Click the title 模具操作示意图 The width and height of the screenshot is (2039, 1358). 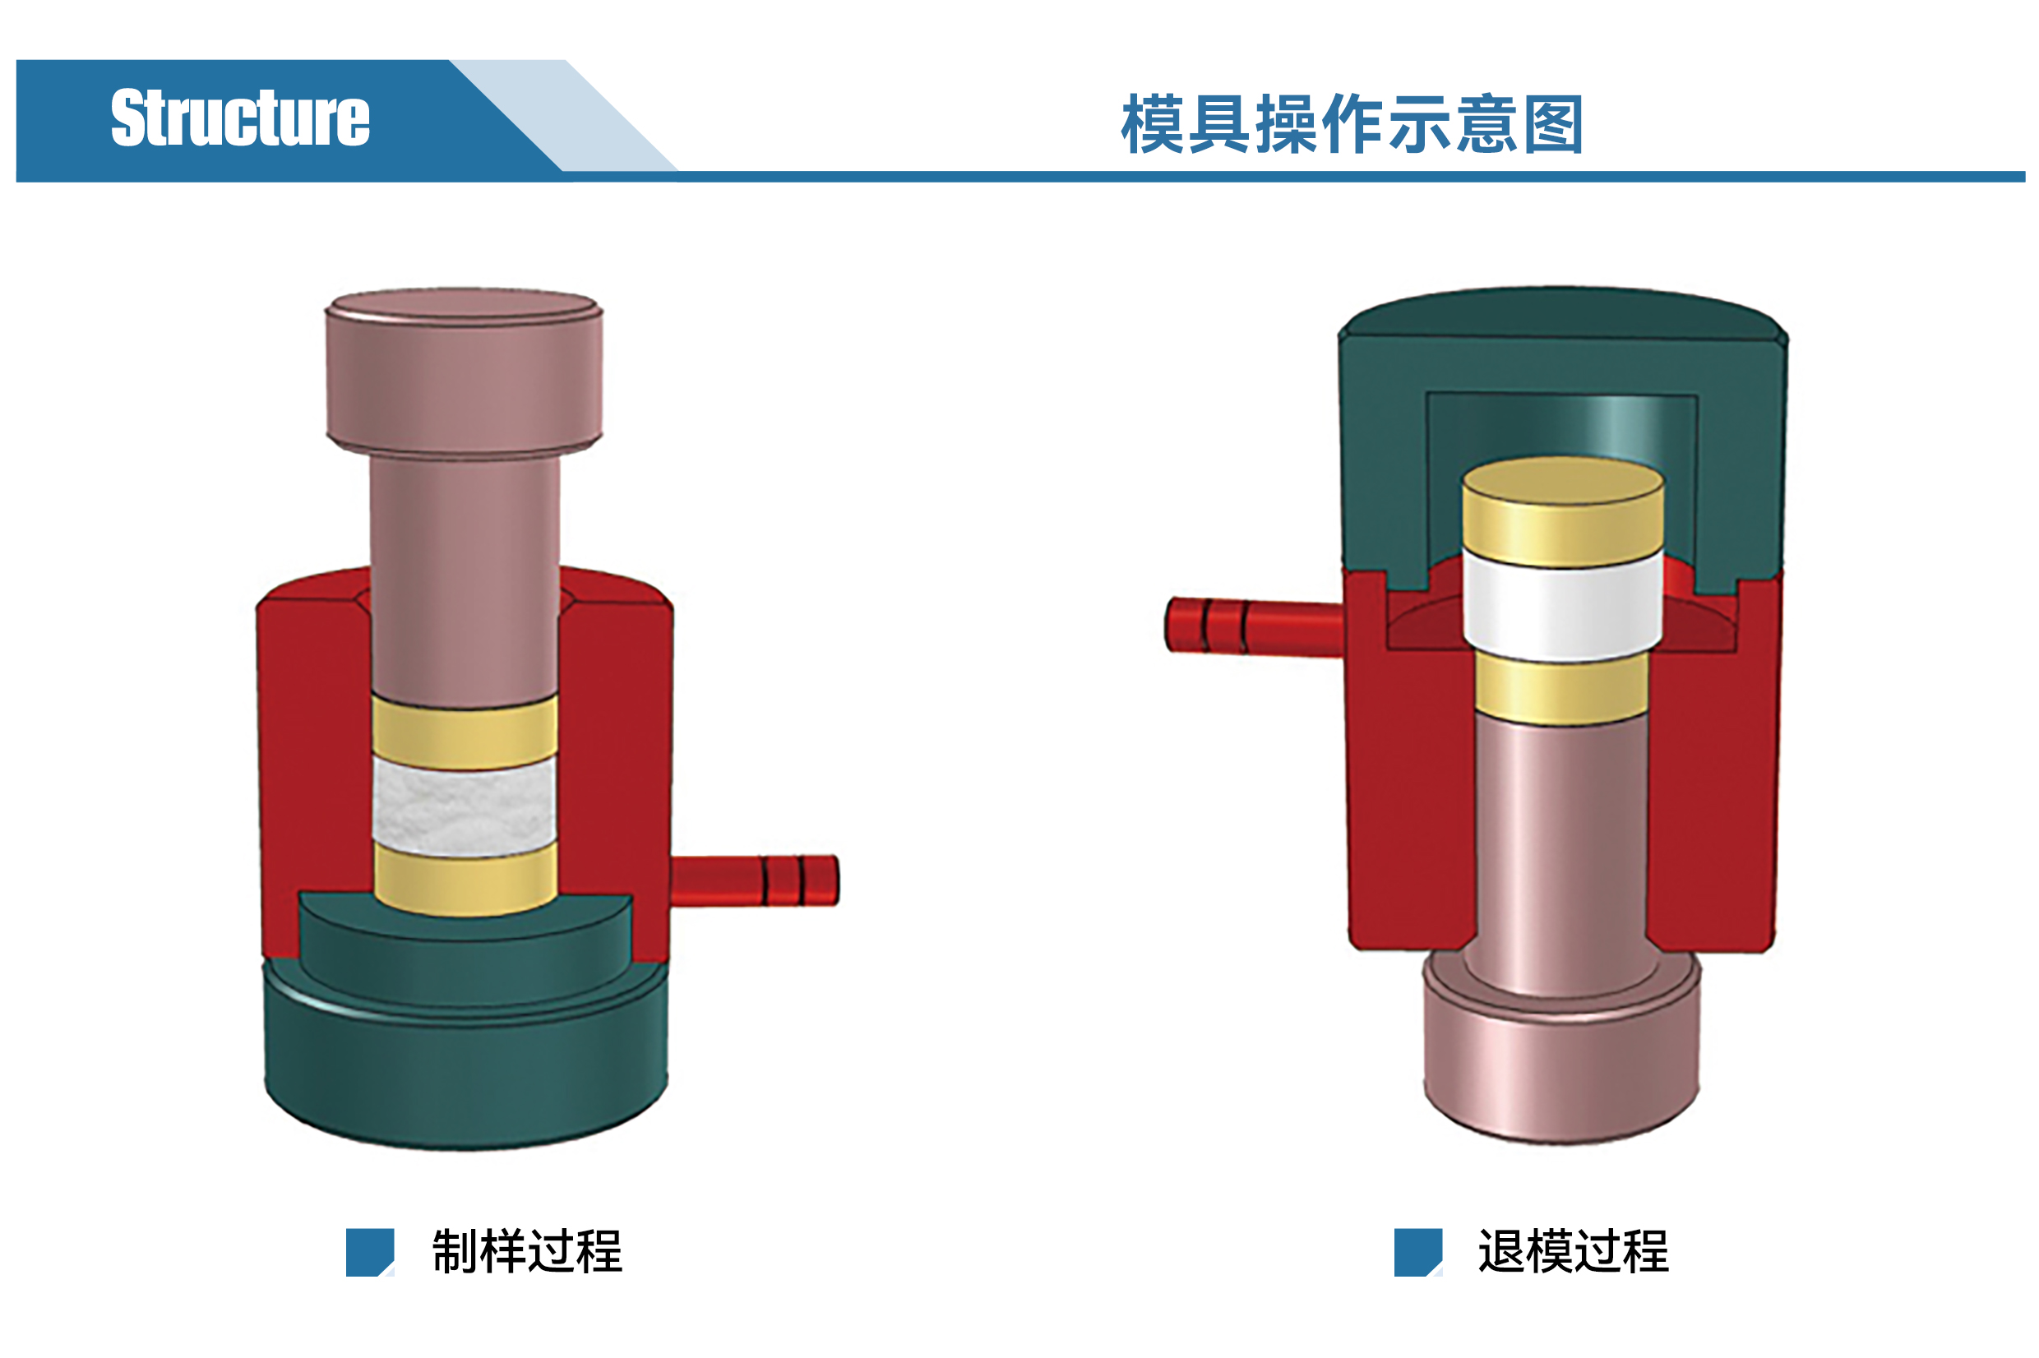point(1352,124)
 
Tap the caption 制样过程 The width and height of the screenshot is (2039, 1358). point(527,1251)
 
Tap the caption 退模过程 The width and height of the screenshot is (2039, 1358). point(1573,1251)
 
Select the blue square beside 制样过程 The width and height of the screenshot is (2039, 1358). point(370,1252)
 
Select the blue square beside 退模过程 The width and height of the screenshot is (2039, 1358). point(1418,1252)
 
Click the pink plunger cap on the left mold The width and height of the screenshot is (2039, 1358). point(464,372)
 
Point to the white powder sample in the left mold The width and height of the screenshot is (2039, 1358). point(465,807)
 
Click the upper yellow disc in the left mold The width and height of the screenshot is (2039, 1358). point(465,732)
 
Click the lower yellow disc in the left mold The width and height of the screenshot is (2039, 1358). point(465,878)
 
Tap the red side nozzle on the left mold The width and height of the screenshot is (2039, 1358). point(754,880)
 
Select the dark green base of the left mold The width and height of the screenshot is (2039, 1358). point(466,1039)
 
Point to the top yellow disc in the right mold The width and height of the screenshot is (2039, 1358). point(1563,511)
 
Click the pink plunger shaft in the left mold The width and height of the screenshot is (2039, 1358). point(465,580)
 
